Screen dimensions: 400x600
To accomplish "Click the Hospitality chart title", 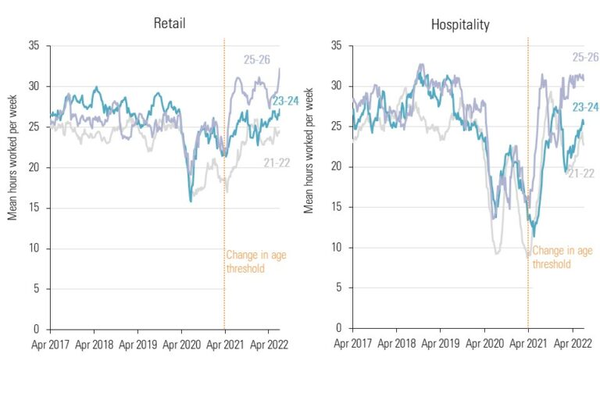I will (460, 25).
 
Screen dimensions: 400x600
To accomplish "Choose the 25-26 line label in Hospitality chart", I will (585, 57).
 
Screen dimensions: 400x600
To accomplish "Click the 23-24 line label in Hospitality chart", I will (585, 107).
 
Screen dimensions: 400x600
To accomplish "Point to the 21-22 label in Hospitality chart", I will (580, 173).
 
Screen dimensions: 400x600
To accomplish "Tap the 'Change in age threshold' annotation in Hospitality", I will (562, 257).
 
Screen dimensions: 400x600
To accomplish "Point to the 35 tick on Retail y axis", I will (34, 46).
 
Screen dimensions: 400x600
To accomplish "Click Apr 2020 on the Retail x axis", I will (180, 342).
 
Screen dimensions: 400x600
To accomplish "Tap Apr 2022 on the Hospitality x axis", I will (572, 342).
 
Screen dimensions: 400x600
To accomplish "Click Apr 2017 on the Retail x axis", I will (50, 342).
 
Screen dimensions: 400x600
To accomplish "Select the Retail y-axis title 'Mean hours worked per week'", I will (13, 153).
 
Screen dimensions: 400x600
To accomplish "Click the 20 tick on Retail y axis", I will (34, 167).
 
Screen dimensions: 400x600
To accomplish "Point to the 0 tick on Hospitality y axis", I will (339, 328).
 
